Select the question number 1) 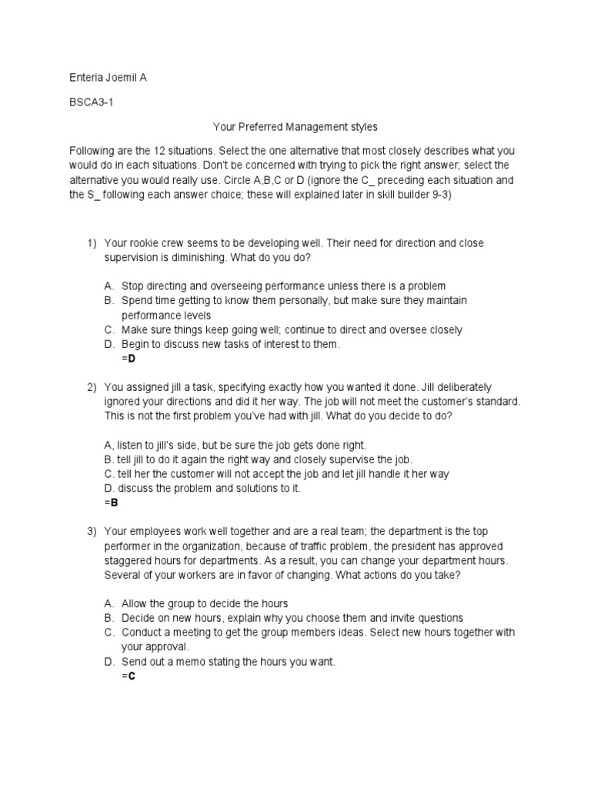(x=92, y=243)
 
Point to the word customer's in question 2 (x=445, y=401)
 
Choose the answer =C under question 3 (x=129, y=676)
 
